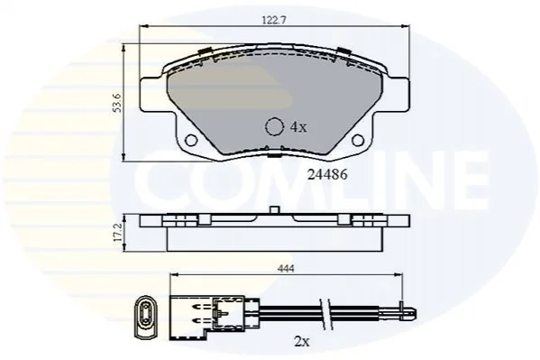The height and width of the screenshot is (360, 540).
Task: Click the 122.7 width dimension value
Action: tap(274, 21)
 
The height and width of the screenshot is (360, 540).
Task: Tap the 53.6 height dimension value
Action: tap(118, 103)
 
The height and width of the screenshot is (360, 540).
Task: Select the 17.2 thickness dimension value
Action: tap(118, 233)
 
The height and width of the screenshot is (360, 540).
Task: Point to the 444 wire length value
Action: tap(286, 269)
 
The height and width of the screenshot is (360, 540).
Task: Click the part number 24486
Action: tap(327, 175)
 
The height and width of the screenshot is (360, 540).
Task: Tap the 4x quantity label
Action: tap(298, 127)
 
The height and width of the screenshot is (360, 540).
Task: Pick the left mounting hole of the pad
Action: tap(191, 140)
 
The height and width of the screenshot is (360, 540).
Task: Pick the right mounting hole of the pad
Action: tap(358, 140)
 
